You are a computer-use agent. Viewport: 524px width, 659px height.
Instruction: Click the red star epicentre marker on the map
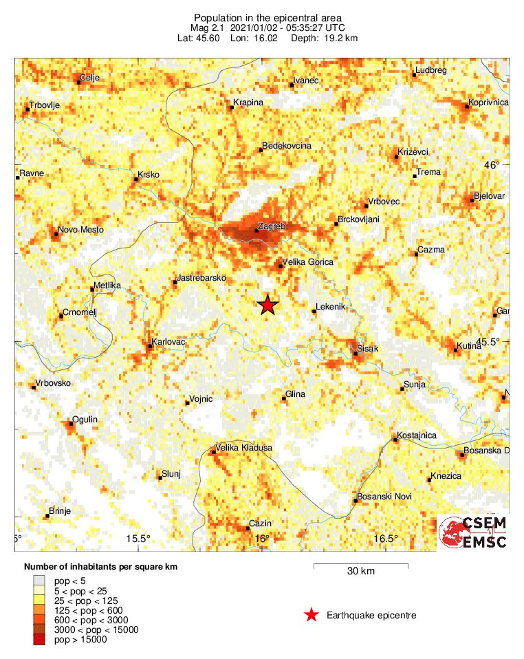tap(268, 305)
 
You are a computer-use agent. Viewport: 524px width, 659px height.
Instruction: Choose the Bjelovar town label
tap(490, 196)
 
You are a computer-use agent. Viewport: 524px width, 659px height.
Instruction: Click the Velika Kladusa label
tap(244, 448)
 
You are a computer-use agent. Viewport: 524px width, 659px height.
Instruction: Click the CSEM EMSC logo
tap(473, 532)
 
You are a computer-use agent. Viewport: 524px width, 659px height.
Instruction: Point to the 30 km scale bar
tap(361, 566)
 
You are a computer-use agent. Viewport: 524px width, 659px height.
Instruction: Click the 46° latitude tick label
tap(493, 164)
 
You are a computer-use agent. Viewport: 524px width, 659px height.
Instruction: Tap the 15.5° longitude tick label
tap(138, 538)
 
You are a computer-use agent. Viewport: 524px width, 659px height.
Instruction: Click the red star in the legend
tap(312, 615)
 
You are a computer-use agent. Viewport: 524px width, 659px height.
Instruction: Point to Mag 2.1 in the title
tap(207, 27)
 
